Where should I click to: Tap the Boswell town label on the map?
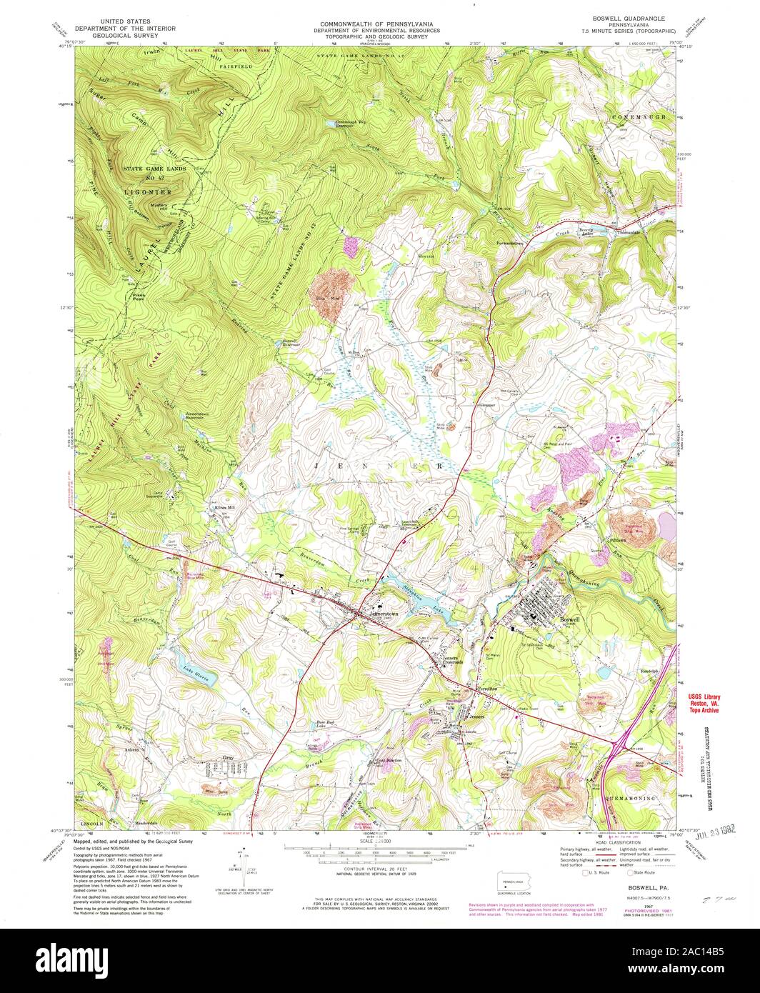tap(569, 618)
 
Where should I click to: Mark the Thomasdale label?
tap(626, 232)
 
